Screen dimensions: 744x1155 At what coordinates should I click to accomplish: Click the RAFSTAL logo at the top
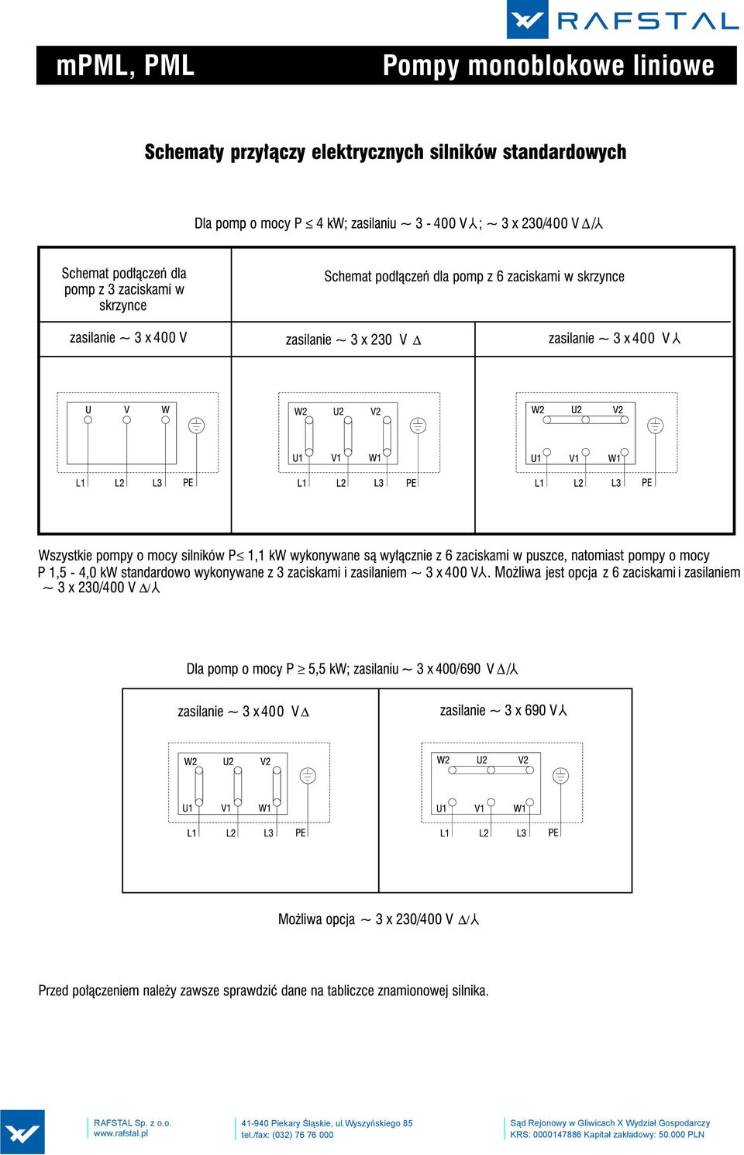coord(622,19)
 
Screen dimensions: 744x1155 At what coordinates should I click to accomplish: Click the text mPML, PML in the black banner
coord(126,66)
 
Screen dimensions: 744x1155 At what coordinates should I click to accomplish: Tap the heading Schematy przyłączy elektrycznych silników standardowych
coord(385,152)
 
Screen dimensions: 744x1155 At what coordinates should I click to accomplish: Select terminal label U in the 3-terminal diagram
coord(88,410)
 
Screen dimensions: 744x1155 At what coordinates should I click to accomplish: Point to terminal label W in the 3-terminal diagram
coord(165,410)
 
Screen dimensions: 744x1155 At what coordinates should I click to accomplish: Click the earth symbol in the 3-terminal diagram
coord(196,426)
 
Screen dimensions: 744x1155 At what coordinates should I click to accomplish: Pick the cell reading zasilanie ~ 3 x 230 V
coord(353,340)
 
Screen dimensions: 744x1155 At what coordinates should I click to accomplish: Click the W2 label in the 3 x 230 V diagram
coord(300,412)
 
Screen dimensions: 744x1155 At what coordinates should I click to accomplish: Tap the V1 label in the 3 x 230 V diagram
coord(336,458)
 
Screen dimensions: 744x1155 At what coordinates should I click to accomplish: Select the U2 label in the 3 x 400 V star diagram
coord(576,410)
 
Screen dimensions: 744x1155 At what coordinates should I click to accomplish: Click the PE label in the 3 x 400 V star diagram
coord(646,483)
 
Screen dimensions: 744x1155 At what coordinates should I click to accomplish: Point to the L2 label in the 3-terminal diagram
coord(119,483)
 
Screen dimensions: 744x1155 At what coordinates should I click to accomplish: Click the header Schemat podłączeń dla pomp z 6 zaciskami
coord(474,277)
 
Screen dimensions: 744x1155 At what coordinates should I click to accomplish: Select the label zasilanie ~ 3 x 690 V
coord(503,711)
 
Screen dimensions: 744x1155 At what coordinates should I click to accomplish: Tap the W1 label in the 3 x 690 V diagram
coord(518,808)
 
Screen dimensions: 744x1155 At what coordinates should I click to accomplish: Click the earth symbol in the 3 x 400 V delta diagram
coord(308,775)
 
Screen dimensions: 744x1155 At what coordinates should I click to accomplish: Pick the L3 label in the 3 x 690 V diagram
coord(522,833)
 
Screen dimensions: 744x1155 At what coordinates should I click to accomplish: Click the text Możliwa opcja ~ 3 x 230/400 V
coord(378,919)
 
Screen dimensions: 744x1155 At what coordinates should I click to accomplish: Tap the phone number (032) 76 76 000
coord(303,1135)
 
